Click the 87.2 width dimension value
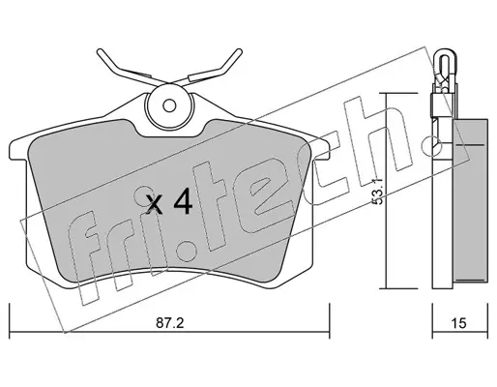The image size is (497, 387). click(169, 322)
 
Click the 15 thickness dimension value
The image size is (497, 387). click(459, 323)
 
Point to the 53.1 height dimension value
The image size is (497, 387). click(378, 192)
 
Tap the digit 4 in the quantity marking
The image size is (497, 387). click(183, 202)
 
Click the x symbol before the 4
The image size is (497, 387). click(154, 204)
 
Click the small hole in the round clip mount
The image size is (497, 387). click(169, 105)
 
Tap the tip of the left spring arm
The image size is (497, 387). click(100, 51)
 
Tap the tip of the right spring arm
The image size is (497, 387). click(239, 51)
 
